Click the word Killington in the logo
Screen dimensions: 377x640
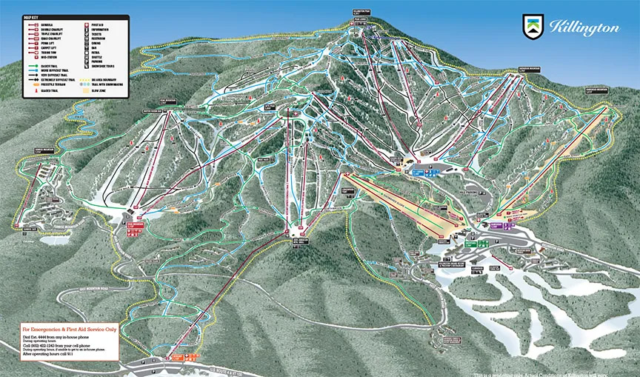[x=584, y=28]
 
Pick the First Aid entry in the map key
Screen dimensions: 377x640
[x=97, y=24]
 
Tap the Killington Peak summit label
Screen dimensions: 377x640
[x=361, y=13]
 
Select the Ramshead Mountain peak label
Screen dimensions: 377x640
[x=597, y=90]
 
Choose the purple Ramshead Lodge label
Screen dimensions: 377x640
[x=496, y=224]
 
